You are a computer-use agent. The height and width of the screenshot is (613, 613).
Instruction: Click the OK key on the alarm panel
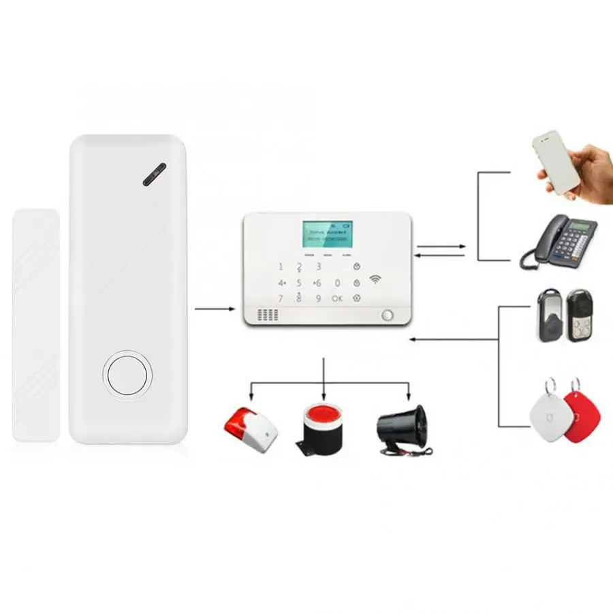(337, 298)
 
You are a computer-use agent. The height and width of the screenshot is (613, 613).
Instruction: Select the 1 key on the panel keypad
(281, 266)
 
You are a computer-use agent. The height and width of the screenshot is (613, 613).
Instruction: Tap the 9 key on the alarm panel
(318, 298)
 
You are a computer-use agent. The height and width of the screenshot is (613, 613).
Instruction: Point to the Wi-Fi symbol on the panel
(375, 279)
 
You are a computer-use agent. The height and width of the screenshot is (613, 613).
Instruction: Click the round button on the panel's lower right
(388, 315)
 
